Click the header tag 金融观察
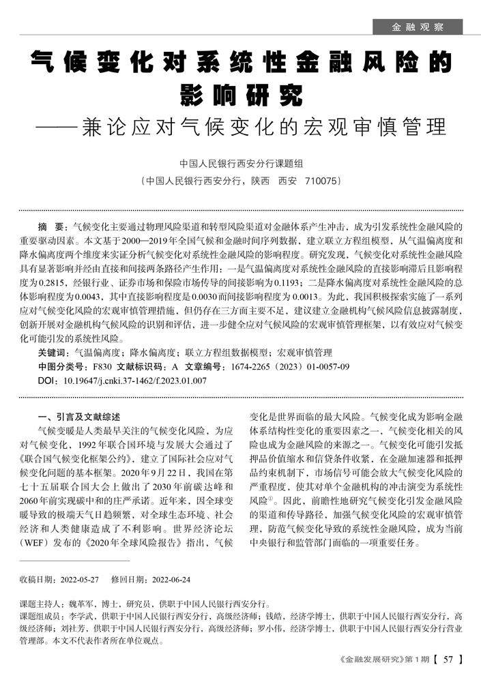coord(418,27)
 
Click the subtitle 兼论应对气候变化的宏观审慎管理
coord(263,126)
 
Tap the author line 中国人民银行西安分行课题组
coord(240,164)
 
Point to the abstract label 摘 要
coord(52,226)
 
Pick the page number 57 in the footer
coord(448,659)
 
